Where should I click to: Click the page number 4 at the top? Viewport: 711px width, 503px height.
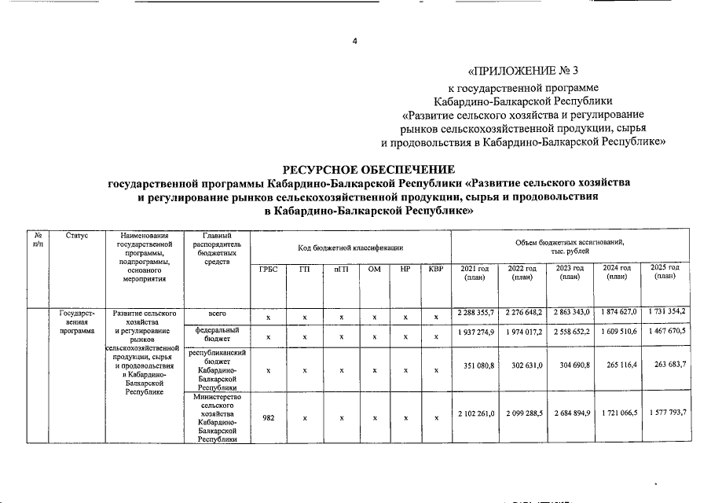[354, 41]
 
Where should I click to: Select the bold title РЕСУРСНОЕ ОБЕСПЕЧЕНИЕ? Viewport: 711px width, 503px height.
[368, 169]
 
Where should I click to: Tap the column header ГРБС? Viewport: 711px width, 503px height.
[269, 270]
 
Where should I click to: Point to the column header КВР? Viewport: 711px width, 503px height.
[435, 270]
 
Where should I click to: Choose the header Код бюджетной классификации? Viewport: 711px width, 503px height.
[350, 248]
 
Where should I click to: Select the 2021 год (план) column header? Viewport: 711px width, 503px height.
[475, 272]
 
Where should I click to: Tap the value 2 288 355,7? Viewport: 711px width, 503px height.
[475, 314]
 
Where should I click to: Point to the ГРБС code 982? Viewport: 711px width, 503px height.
[268, 418]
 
